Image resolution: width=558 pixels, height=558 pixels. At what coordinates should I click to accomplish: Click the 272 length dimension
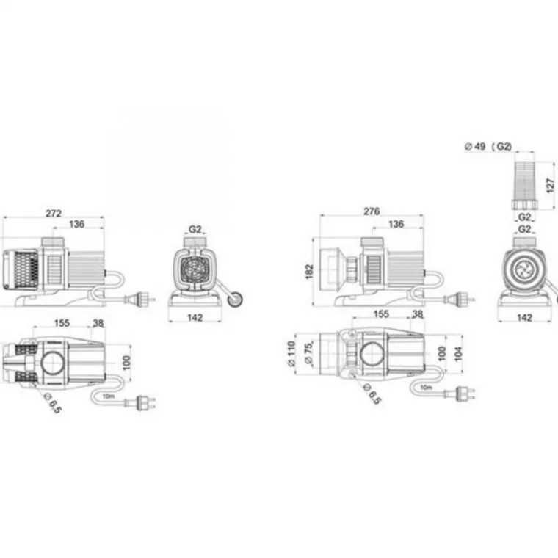(54, 213)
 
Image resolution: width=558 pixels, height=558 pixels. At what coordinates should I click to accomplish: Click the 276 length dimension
(372, 211)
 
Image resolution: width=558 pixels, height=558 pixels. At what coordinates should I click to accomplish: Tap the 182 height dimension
(309, 272)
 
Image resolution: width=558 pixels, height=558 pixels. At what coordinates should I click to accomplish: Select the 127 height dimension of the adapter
(550, 186)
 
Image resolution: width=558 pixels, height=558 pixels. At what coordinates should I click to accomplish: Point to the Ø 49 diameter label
(475, 146)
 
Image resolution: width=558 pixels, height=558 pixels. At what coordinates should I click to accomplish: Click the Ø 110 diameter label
(291, 353)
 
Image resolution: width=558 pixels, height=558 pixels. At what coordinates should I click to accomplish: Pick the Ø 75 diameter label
(308, 353)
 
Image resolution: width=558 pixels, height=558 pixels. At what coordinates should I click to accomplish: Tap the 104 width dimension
(458, 354)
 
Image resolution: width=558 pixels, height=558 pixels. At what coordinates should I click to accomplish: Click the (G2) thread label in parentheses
(501, 146)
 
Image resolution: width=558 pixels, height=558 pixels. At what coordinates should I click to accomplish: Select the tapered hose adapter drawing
(525, 185)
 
